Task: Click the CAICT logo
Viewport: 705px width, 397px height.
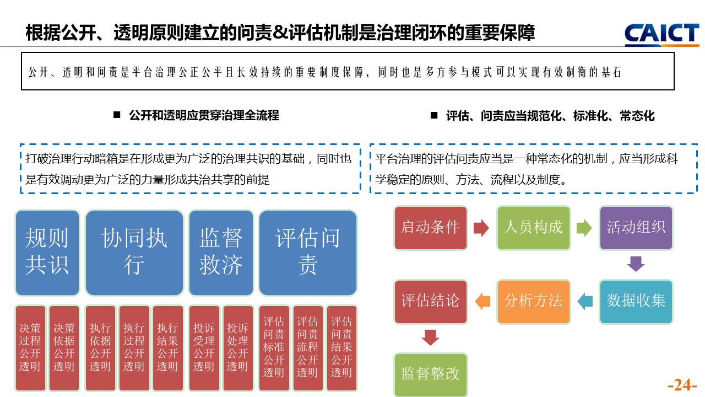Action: [661, 34]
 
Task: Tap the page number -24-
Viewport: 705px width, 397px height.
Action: [682, 385]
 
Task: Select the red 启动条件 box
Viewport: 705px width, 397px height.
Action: [430, 228]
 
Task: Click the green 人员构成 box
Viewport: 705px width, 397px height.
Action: [533, 228]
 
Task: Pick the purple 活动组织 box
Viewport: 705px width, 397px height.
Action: [636, 228]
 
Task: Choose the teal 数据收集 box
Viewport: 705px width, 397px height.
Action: [636, 301]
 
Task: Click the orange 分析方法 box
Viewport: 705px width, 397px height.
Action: [533, 301]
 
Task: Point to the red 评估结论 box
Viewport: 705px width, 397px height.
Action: [430, 301]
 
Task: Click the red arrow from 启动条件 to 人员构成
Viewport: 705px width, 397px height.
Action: [481, 228]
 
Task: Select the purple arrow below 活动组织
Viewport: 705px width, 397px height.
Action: [636, 264]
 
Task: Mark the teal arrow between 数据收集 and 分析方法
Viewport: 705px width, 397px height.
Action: [585, 301]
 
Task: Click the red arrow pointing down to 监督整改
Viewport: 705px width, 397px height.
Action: [430, 337]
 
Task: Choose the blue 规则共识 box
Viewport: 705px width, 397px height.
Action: [47, 253]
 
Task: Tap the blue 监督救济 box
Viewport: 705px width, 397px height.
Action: [221, 253]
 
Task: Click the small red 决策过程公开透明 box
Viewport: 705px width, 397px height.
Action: [30, 348]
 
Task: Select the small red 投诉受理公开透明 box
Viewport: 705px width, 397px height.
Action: [204, 348]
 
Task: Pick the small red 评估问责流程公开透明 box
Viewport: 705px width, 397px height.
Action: [308, 348]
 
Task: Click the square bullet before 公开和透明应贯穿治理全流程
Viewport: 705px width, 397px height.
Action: [117, 115]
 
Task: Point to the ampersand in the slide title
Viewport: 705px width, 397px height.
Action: [280, 33]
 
